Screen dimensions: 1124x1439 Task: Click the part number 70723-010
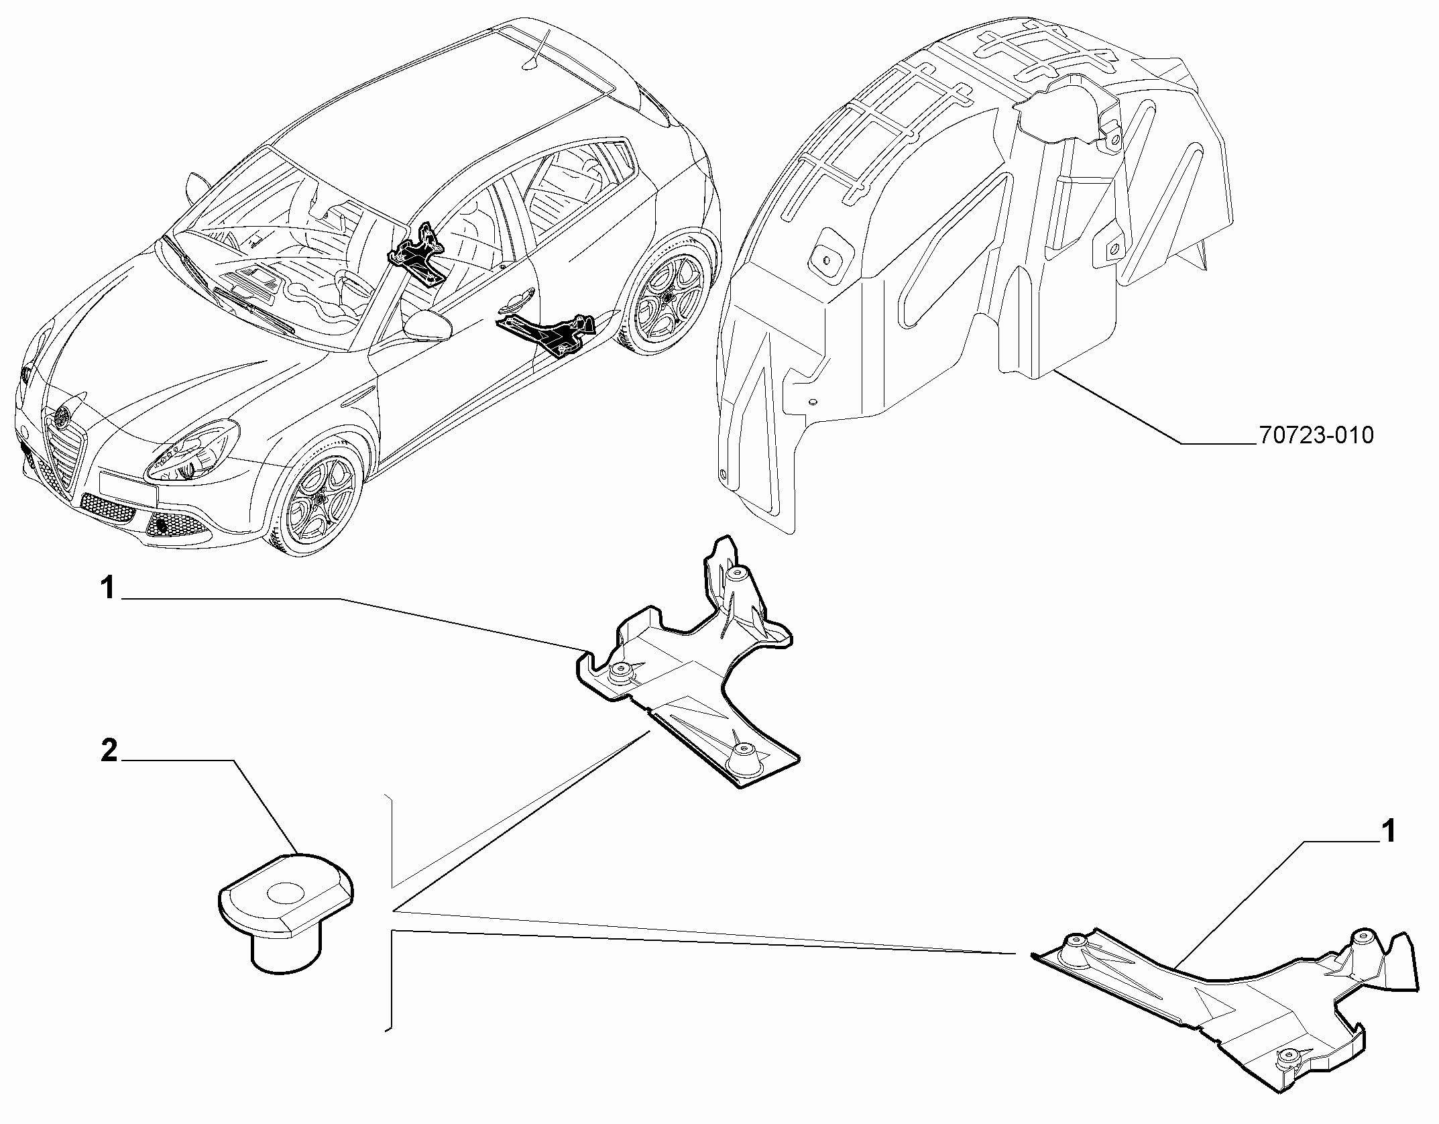pyautogui.click(x=1316, y=436)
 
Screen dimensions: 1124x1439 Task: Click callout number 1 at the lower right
pyautogui.click(x=1387, y=833)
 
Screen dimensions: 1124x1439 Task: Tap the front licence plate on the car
pyautogui.click(x=127, y=486)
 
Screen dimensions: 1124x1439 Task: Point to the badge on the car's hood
pyautogui.click(x=64, y=416)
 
